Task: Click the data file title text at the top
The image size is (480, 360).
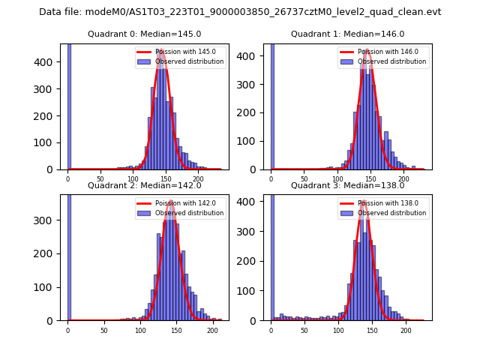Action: point(240,12)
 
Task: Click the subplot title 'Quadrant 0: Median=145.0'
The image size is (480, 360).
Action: point(144,34)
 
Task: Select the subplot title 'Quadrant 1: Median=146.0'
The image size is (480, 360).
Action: point(347,34)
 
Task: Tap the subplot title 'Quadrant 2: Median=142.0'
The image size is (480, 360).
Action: point(144,185)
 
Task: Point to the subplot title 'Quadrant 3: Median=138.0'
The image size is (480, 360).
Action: point(347,185)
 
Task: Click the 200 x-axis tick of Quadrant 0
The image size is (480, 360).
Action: point(199,179)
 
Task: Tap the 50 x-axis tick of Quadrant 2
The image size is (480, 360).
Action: point(103,330)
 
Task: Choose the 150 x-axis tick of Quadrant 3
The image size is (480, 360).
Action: point(372,330)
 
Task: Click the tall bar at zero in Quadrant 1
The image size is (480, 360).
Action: point(272,105)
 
